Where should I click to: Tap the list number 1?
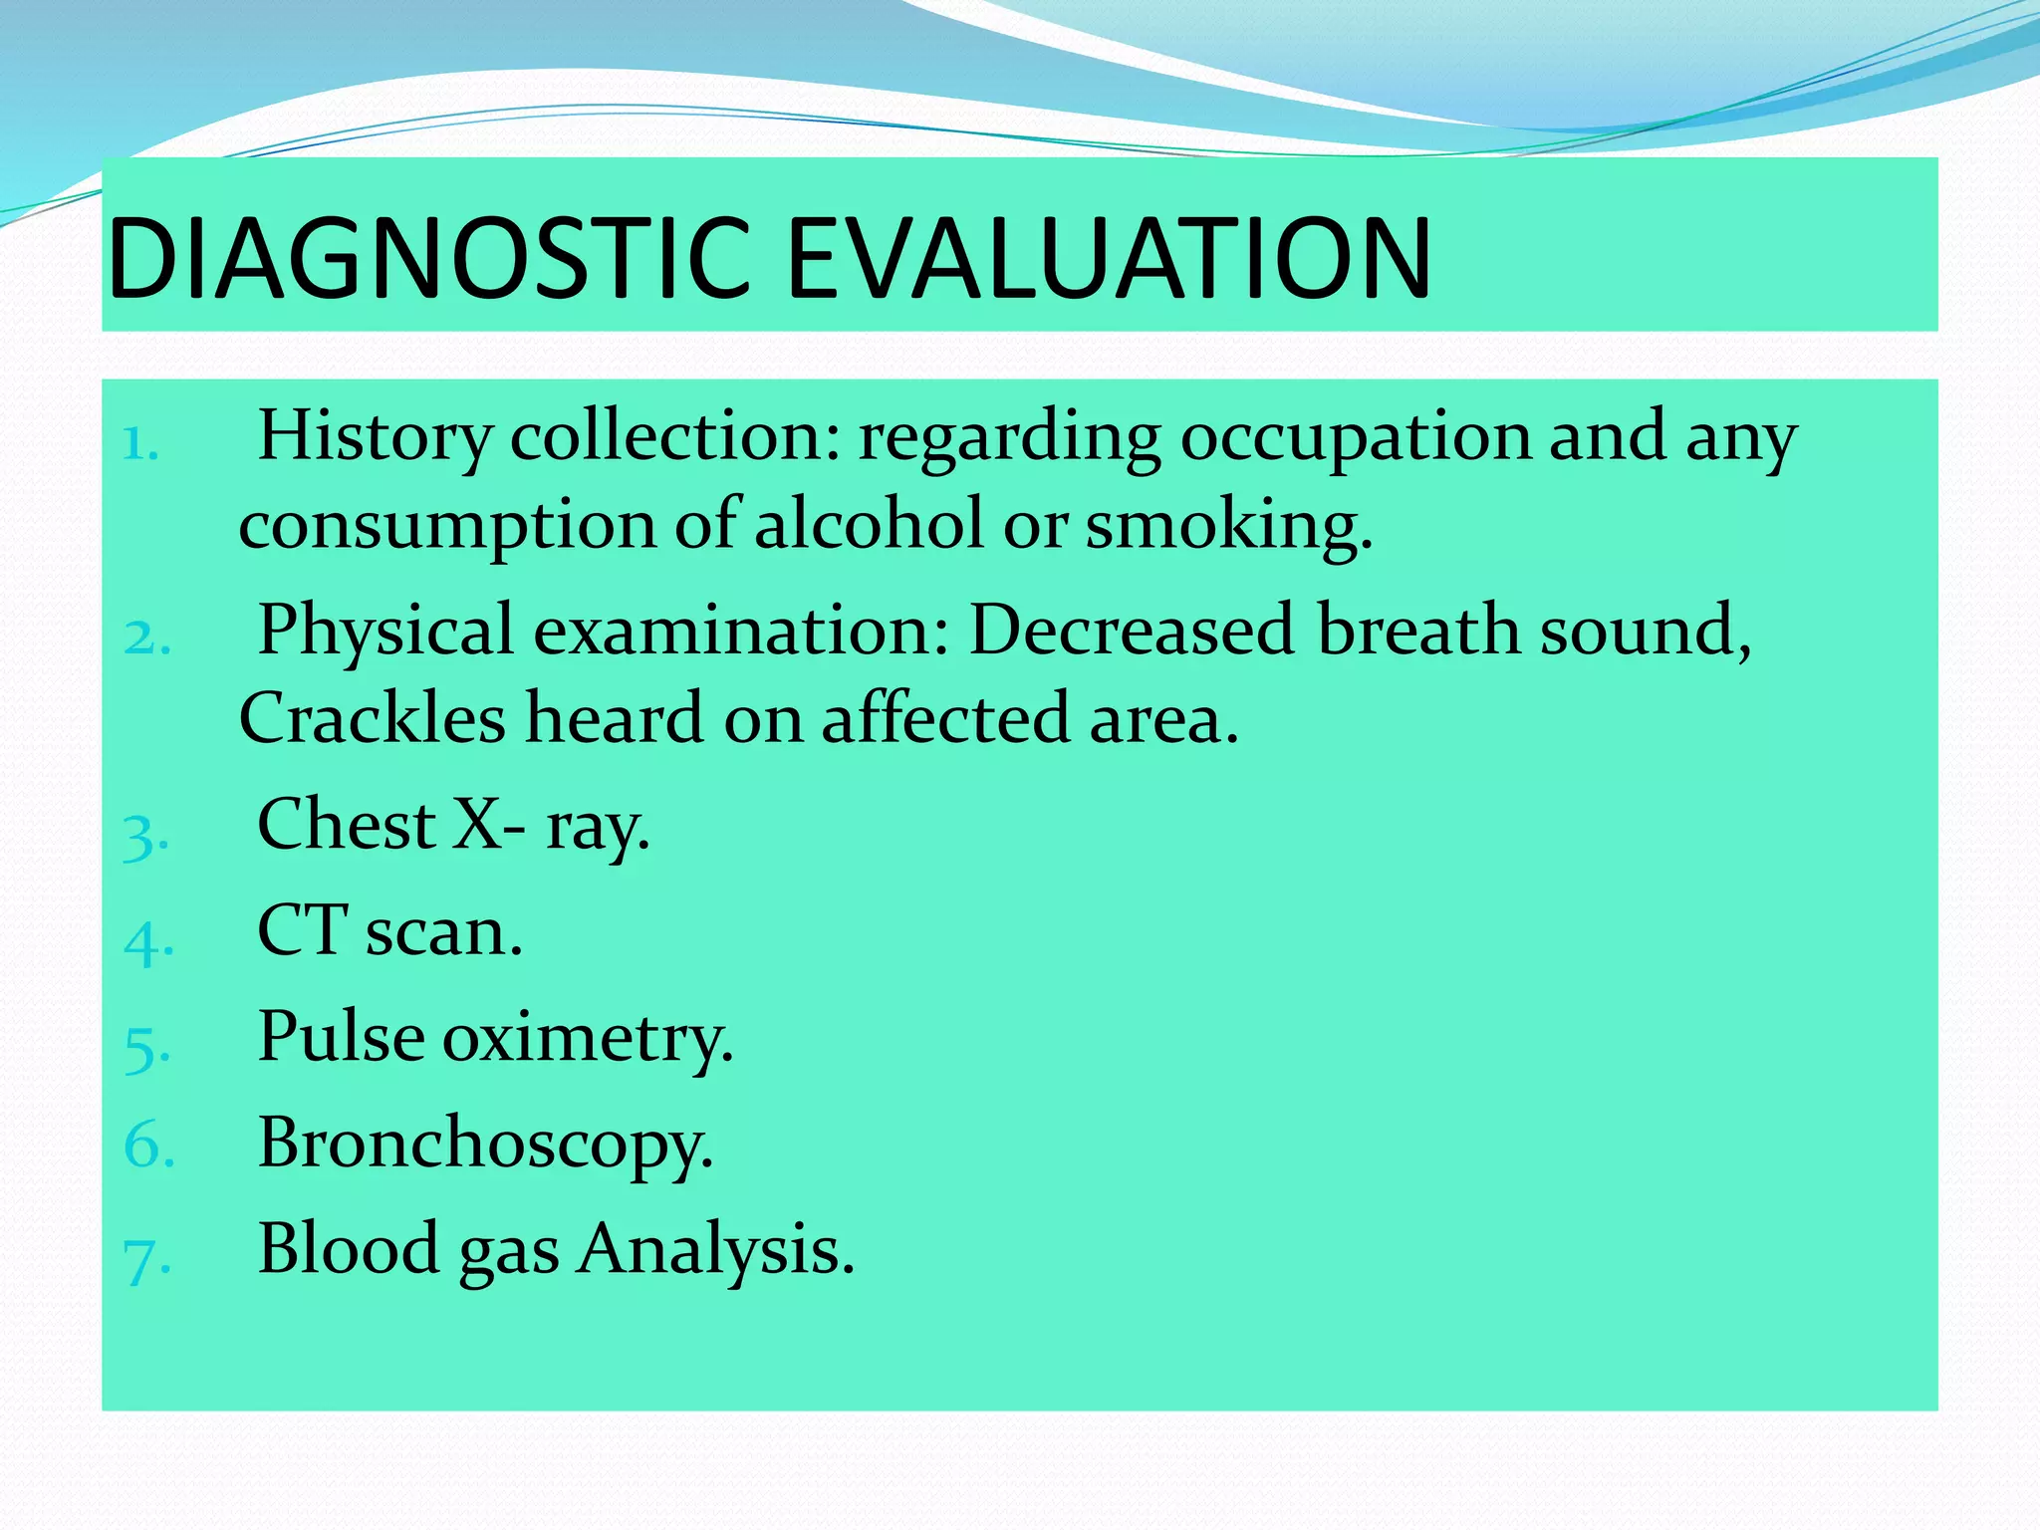(x=140, y=443)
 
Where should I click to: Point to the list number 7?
(x=146, y=1258)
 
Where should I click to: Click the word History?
(x=375, y=438)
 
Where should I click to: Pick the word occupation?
(x=1355, y=438)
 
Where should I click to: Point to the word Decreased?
(x=1132, y=631)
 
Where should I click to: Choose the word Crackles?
(x=372, y=718)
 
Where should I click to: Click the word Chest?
(x=346, y=825)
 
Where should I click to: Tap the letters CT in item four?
(x=302, y=930)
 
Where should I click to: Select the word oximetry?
(x=588, y=1039)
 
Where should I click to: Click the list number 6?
(x=148, y=1146)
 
